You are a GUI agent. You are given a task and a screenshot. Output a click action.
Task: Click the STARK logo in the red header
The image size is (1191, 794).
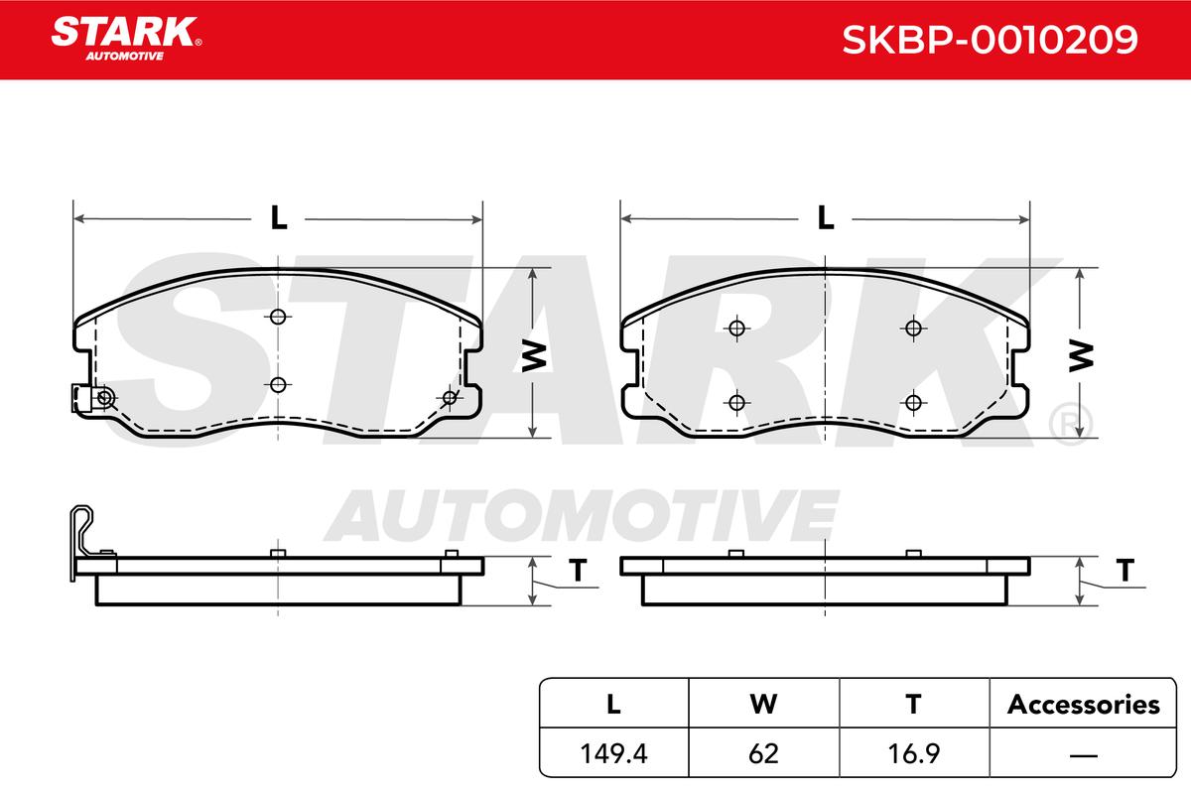(x=126, y=39)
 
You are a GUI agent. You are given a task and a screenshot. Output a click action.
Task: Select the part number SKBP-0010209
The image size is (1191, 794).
(x=990, y=40)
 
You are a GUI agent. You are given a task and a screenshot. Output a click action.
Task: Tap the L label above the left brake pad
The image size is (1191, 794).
(x=279, y=217)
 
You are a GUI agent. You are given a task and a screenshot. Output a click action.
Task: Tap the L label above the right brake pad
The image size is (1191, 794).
(x=825, y=217)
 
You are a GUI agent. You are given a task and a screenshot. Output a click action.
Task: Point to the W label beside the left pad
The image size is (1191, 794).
(x=534, y=356)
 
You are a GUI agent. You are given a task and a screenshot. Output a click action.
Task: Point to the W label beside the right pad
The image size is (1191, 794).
(x=1081, y=356)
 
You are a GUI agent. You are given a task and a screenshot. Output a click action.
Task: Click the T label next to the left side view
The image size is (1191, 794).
(x=578, y=571)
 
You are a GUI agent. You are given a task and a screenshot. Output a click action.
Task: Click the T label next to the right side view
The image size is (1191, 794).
(x=1125, y=571)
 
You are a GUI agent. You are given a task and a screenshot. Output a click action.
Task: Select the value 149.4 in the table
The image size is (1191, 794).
(x=613, y=753)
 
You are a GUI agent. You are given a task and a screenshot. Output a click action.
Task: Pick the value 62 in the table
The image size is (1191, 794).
(x=763, y=753)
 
